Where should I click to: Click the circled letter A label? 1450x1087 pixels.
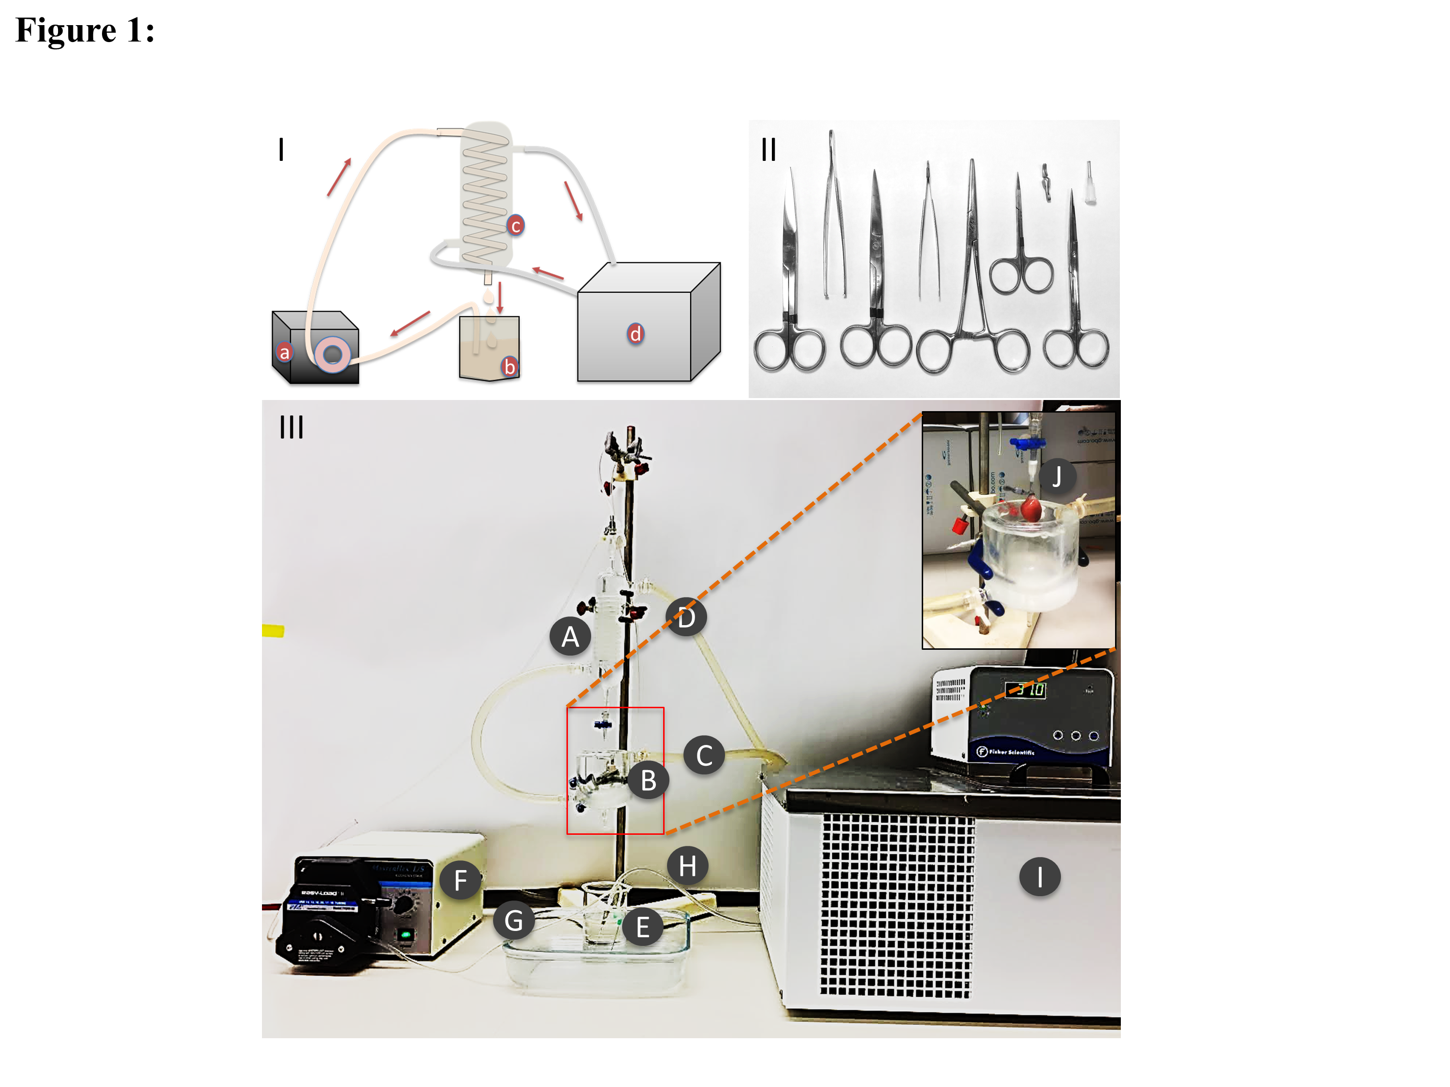pyautogui.click(x=570, y=636)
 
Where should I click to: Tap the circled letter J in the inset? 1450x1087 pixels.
pyautogui.click(x=1056, y=476)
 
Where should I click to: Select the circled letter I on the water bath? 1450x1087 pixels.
pyautogui.click(x=1039, y=877)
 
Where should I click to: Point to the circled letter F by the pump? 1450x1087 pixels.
pyautogui.click(x=460, y=880)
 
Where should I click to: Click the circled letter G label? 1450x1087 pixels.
pyautogui.click(x=513, y=921)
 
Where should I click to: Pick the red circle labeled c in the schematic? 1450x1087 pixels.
pyautogui.click(x=515, y=226)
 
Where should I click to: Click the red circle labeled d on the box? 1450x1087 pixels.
pyautogui.click(x=635, y=333)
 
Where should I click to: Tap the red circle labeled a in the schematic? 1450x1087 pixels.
pyautogui.click(x=284, y=353)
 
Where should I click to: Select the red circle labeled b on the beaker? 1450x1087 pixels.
pyautogui.click(x=508, y=366)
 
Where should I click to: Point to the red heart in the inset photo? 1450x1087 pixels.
pyautogui.click(x=1030, y=508)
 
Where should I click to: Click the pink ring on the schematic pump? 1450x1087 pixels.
pyautogui.click(x=333, y=355)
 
